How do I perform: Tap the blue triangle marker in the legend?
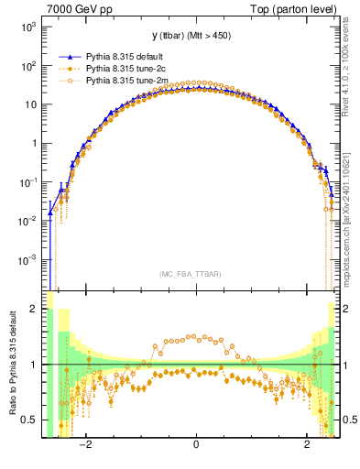[69, 56]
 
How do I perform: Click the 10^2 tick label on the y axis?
[27, 65]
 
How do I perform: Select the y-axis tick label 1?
[34, 144]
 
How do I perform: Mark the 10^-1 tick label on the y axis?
[27, 182]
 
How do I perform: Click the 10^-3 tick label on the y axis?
[27, 260]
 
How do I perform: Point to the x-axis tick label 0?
[196, 446]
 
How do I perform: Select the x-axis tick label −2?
[84, 446]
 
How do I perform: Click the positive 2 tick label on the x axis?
[307, 446]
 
